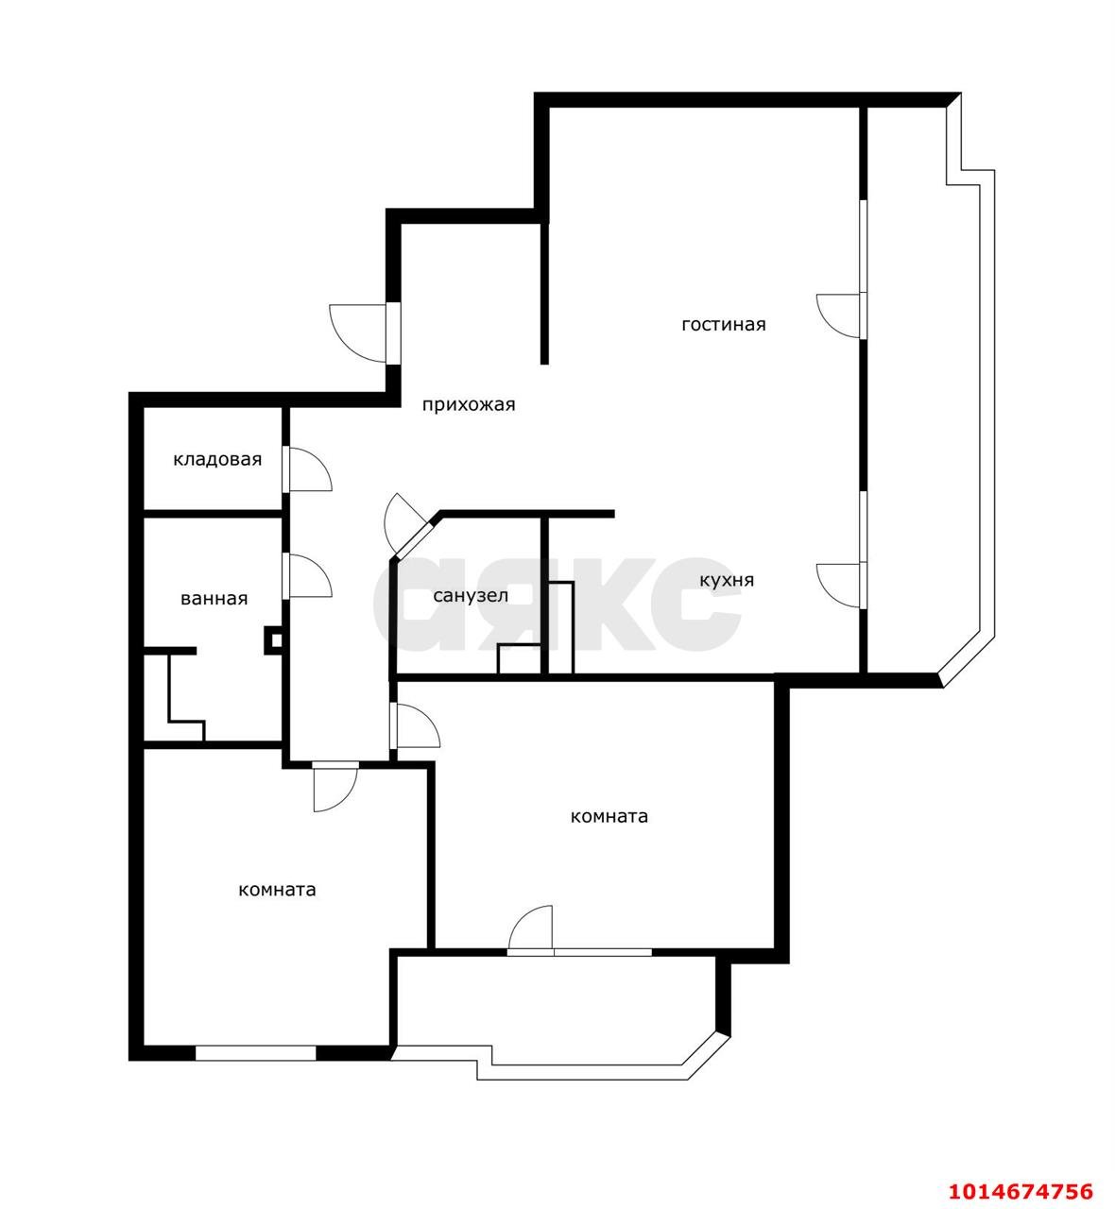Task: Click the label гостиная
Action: (x=723, y=325)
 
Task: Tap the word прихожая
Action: (x=468, y=405)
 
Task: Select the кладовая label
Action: (x=216, y=460)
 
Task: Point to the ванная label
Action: (x=214, y=599)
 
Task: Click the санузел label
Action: (x=471, y=596)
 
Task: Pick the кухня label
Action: (x=727, y=580)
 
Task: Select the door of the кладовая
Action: (x=308, y=468)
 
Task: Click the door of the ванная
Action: (x=308, y=575)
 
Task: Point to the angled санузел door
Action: (x=406, y=524)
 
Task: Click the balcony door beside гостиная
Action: (x=839, y=315)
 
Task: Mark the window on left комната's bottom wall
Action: (x=255, y=1052)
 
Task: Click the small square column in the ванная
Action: (x=274, y=640)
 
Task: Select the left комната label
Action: (x=277, y=890)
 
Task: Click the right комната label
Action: (x=609, y=817)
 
